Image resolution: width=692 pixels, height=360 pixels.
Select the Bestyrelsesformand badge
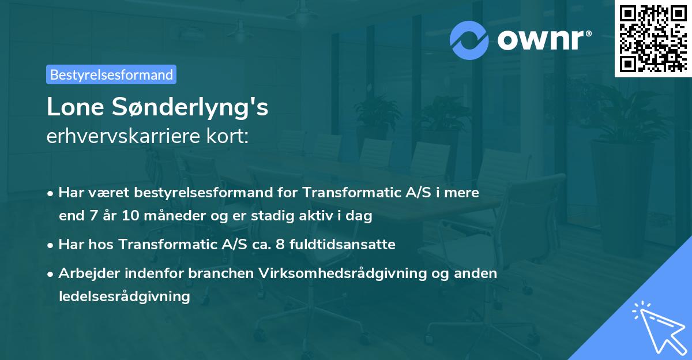[111, 74]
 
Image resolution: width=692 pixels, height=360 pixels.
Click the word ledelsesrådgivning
[124, 297]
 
